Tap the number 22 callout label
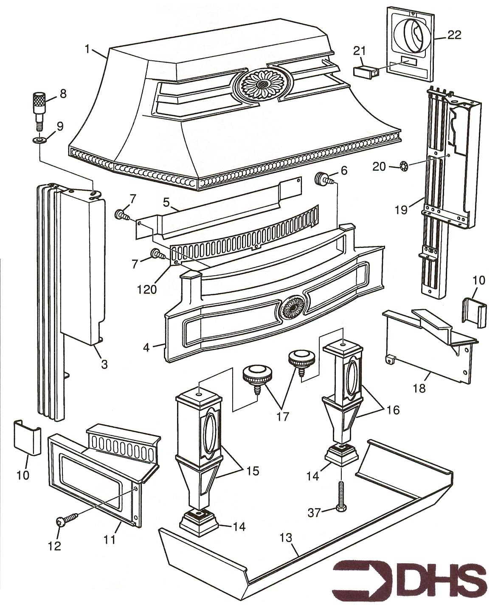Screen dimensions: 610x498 click(454, 36)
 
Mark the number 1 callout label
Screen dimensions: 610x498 click(87, 49)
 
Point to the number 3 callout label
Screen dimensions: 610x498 click(104, 364)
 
